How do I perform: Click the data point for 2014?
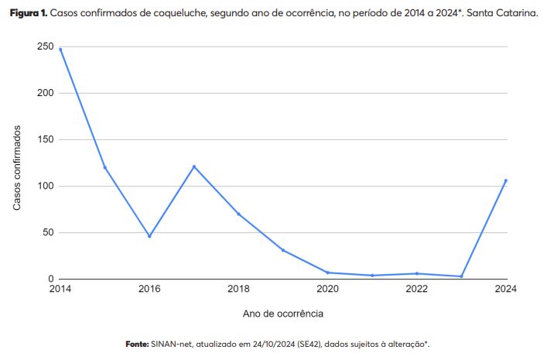60,50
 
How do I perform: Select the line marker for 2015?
104,167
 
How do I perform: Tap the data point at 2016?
149,236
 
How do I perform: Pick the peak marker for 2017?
194,166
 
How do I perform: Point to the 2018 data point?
238,214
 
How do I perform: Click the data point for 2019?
283,250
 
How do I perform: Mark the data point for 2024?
506,180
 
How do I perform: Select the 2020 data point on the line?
328,273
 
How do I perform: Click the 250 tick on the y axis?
44,47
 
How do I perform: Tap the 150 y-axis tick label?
44,139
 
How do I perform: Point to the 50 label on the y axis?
47,232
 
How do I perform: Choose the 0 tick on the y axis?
50,279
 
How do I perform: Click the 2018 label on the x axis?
238,290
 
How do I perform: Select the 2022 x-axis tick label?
417,290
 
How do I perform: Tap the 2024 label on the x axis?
505,290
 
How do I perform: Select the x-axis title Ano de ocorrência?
283,314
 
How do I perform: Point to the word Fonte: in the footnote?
137,343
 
